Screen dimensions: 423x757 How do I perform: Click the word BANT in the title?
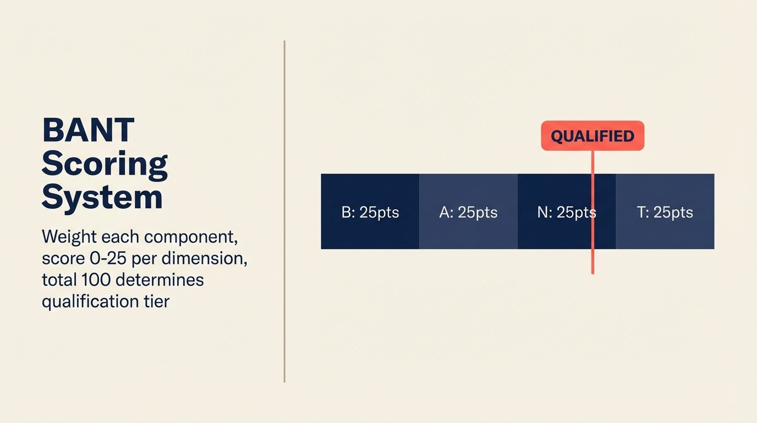pyautogui.click(x=88, y=130)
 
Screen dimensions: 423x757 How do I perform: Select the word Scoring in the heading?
pyautogui.click(x=105, y=164)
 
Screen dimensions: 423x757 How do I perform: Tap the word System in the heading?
pyautogui.click(x=102, y=197)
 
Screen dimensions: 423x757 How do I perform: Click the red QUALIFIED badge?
pyautogui.click(x=593, y=136)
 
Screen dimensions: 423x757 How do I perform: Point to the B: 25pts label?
pyautogui.click(x=370, y=213)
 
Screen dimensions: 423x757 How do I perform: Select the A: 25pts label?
pyautogui.click(x=468, y=213)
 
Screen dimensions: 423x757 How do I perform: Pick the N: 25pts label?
pyautogui.click(x=566, y=213)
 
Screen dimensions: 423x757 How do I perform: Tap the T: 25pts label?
pyautogui.click(x=665, y=213)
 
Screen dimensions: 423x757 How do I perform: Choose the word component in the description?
pyautogui.click(x=190, y=237)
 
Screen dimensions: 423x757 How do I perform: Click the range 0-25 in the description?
pyautogui.click(x=103, y=258)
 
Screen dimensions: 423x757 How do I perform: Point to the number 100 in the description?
pyautogui.click(x=96, y=280)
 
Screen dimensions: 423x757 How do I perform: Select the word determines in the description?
pyautogui.click(x=160, y=280)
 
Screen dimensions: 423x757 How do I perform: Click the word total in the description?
pyautogui.click(x=59, y=280)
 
